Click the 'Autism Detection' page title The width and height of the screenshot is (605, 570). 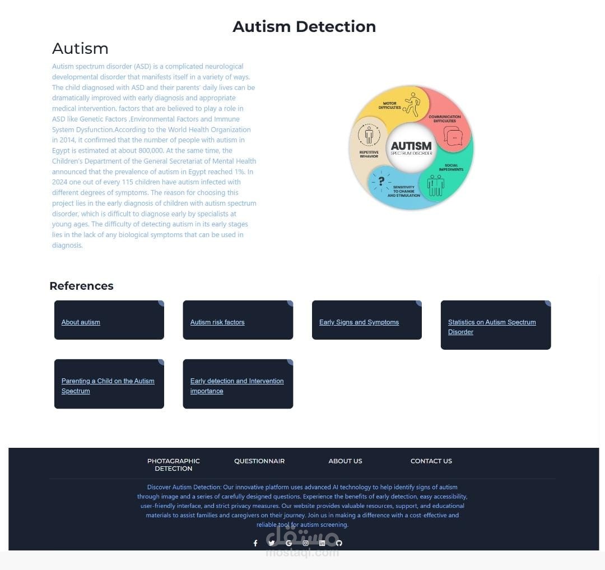[x=304, y=27]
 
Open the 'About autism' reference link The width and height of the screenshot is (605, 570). [x=81, y=322]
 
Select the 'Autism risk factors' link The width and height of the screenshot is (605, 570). [x=217, y=322]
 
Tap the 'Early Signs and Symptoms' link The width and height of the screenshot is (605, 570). [x=359, y=322]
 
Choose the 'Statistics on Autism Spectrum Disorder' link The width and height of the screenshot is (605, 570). [x=492, y=327]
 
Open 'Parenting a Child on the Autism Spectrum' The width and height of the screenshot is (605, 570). [x=108, y=386]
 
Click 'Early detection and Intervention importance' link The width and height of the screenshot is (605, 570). [x=237, y=386]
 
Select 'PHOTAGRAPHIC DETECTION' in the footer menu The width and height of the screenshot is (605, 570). [x=174, y=465]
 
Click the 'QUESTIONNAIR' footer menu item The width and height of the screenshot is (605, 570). [x=259, y=461]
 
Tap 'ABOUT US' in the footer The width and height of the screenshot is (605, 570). [x=345, y=461]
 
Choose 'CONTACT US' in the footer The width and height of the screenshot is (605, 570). [x=431, y=461]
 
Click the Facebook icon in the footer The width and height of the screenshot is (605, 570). [x=255, y=543]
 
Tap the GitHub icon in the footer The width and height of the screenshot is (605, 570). [x=339, y=543]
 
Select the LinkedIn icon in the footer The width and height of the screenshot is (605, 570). [x=322, y=543]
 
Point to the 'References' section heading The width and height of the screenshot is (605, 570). [x=81, y=286]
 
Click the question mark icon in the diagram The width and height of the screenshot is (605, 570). [x=381, y=181]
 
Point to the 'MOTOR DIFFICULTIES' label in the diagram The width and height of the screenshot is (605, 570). [x=390, y=105]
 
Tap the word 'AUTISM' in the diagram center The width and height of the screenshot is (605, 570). [x=411, y=146]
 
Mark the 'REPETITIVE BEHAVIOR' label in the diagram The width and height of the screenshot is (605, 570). [x=369, y=154]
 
